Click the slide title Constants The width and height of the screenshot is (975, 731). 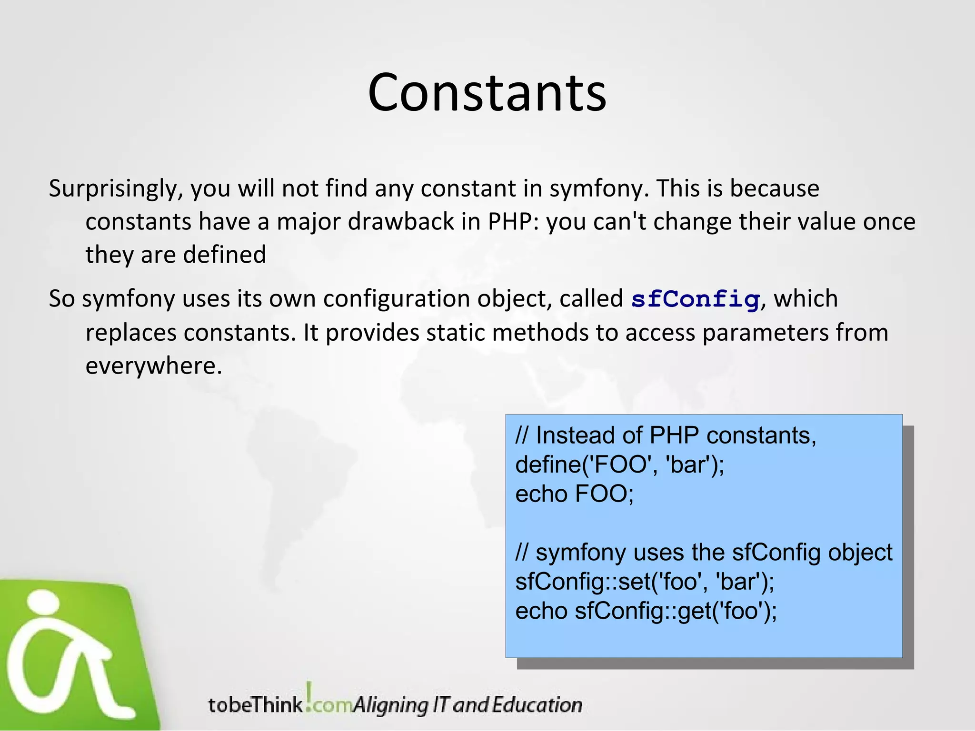[487, 92]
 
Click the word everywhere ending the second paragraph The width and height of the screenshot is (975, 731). [153, 366]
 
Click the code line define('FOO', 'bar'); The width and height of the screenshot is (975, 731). [619, 464]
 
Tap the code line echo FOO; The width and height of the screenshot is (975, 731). [574, 494]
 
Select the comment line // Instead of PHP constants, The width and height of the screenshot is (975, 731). [666, 435]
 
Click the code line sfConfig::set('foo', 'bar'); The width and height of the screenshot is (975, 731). [645, 582]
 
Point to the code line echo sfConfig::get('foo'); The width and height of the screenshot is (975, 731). [646, 611]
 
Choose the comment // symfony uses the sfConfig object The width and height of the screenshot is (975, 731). [704, 553]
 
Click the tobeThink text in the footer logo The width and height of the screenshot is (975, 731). [255, 705]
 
